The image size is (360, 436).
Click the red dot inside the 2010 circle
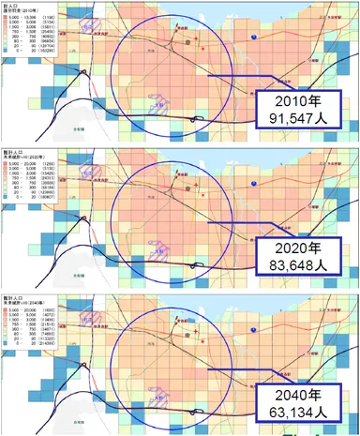(x=187, y=43)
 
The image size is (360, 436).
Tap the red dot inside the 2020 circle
(x=187, y=188)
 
